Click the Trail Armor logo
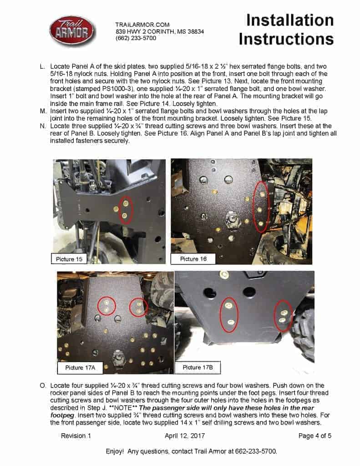72,30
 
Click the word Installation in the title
290,20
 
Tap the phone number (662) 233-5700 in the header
136,38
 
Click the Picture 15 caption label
69,259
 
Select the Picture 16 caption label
193,259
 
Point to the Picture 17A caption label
80,367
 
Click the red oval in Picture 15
125,210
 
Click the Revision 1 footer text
76,436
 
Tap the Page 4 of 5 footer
314,436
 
